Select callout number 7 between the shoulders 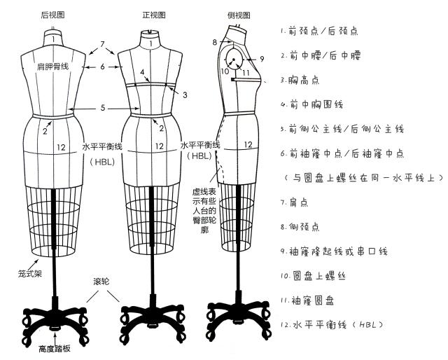[102, 44]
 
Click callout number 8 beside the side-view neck [216, 43]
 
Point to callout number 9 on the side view [262, 58]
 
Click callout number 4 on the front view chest [142, 72]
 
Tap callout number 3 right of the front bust [185, 94]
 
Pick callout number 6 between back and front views [102, 67]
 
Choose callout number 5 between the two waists [102, 108]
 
